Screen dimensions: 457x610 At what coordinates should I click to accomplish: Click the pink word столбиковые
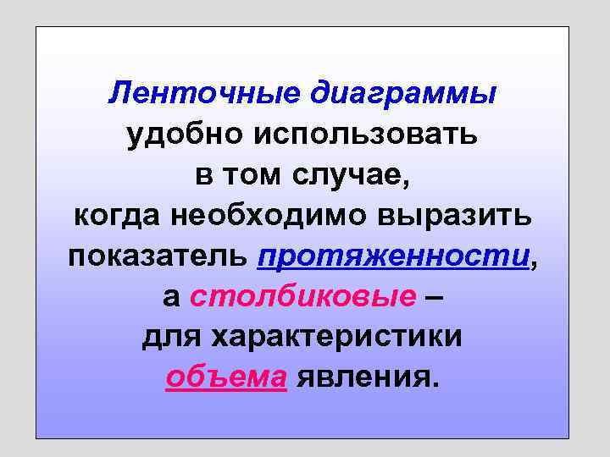click(303, 297)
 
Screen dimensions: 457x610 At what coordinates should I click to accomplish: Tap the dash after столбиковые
click(435, 297)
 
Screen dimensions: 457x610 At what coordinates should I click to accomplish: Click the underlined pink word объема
click(226, 378)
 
